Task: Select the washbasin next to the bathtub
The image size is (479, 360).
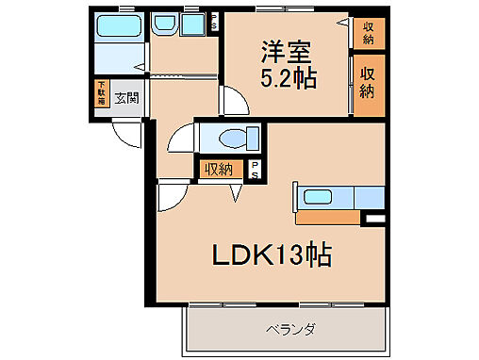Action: click(x=167, y=24)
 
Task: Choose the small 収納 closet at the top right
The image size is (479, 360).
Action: click(x=368, y=34)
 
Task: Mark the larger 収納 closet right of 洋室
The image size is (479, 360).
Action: click(x=369, y=86)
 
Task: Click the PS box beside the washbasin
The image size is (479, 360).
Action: click(x=214, y=20)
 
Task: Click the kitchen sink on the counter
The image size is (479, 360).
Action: click(x=320, y=197)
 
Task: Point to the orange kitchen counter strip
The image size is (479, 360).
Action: click(x=327, y=217)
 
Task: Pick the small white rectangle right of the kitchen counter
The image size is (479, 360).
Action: click(x=374, y=220)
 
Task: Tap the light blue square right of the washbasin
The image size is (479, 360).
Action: click(x=194, y=25)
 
